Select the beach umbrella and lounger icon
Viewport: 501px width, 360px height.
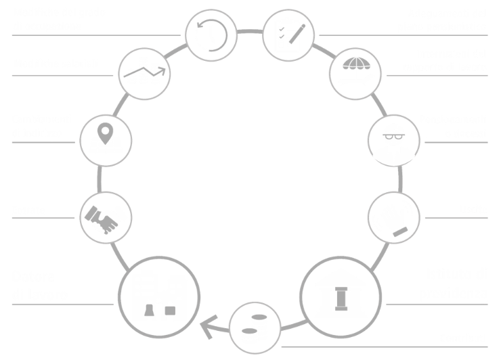coord(355,72)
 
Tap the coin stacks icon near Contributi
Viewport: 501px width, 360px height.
coord(256,330)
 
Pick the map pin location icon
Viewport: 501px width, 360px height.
coord(104,140)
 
